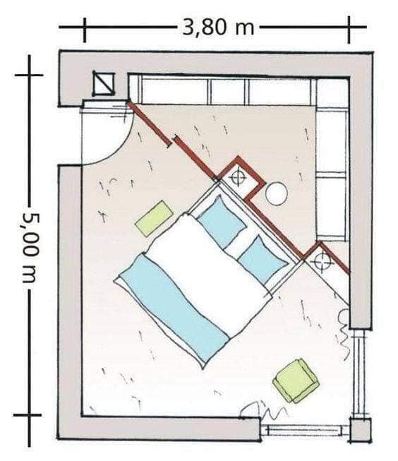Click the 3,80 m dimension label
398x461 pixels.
click(218, 28)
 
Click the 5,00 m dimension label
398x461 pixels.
click(30, 248)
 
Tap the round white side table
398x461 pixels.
click(277, 193)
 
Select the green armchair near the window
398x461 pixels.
click(296, 381)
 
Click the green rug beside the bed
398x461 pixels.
click(154, 217)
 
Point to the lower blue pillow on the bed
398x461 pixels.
click(263, 260)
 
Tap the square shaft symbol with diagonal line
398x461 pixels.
click(104, 84)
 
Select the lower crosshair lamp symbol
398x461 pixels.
click(322, 261)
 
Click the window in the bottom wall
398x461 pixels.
click(305, 431)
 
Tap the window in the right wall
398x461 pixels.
click(360, 373)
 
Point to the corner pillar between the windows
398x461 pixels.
click(360, 429)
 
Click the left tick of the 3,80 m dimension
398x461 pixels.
click(85, 30)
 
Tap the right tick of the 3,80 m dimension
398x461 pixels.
click(349, 30)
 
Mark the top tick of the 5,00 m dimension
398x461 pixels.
click(29, 76)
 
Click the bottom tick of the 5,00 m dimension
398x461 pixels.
click(28, 415)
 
